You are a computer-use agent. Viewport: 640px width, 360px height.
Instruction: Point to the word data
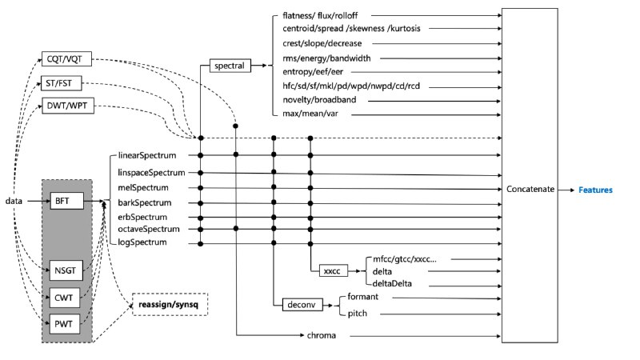[x=13, y=200]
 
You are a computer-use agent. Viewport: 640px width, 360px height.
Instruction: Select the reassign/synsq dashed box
[x=170, y=305]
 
